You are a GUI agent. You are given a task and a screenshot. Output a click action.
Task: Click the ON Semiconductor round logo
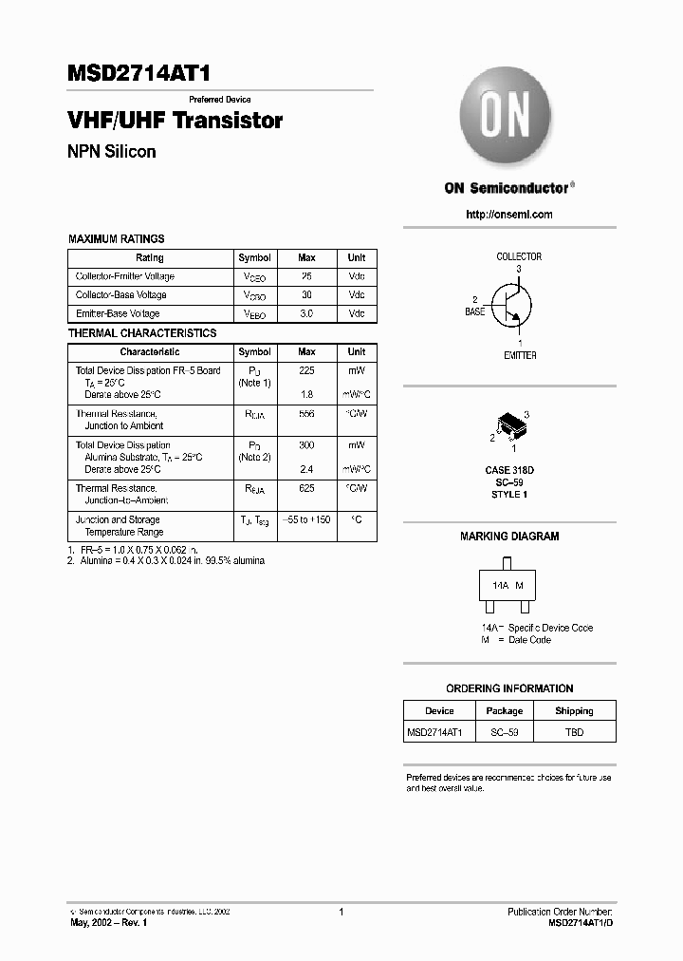coord(505,119)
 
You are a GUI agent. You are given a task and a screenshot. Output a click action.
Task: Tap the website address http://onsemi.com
coord(509,215)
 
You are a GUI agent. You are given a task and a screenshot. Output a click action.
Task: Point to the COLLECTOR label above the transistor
coord(519,256)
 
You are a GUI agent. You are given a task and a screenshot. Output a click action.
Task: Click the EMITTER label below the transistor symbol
coord(519,355)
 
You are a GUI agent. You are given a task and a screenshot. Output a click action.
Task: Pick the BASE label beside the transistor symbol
coord(474,311)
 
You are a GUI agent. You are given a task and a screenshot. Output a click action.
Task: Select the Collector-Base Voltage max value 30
coord(306,295)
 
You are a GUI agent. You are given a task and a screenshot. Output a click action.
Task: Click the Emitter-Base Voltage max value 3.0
coord(306,313)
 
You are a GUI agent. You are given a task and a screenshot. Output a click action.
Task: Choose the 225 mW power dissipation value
coord(306,370)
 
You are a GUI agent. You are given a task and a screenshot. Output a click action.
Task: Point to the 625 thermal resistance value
coord(306,488)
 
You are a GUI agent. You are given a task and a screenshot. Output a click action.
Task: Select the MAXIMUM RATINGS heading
coord(116,239)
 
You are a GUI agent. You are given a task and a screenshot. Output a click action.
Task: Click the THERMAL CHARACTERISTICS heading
coord(142,333)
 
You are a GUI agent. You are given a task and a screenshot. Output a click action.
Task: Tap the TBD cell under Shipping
coord(574,732)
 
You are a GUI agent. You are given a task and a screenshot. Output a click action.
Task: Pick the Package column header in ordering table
coord(505,711)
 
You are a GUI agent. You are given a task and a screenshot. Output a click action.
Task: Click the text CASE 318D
coord(509,470)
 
